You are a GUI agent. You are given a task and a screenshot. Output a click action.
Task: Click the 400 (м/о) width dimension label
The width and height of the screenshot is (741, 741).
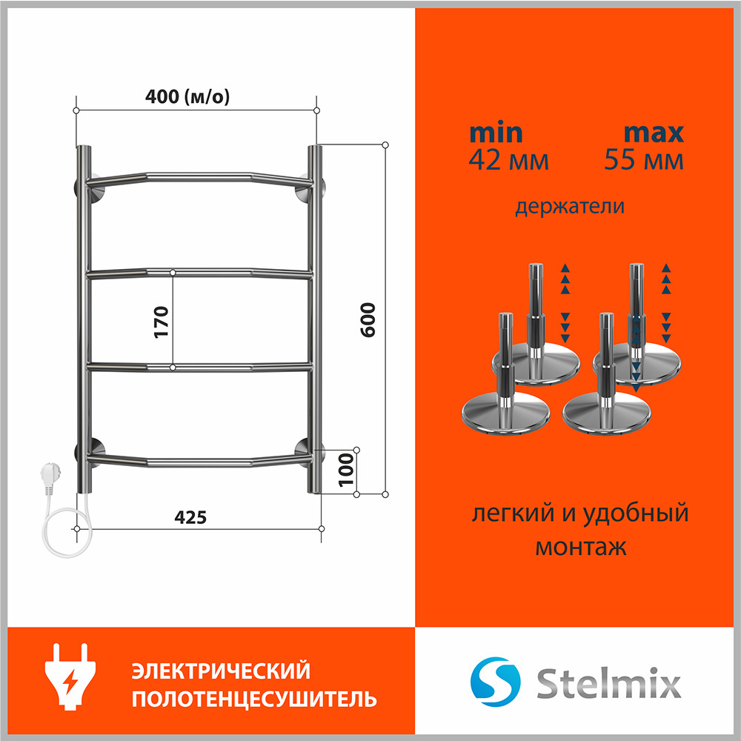187,96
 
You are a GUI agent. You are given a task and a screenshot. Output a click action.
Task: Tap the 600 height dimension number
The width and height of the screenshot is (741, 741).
368,320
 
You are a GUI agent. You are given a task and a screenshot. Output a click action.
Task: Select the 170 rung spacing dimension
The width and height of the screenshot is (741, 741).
161,322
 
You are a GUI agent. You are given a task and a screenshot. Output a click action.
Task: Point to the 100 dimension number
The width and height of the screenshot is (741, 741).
346,470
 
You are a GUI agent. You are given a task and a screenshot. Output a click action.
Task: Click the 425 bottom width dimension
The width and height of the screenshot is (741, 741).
190,517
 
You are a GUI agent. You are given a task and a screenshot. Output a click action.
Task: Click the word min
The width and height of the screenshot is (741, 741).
496,133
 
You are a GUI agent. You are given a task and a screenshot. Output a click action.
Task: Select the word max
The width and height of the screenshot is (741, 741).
654,133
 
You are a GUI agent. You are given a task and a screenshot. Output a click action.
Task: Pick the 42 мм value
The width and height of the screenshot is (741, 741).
508,160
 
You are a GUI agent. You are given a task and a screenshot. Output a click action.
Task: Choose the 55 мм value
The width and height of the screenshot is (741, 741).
644,160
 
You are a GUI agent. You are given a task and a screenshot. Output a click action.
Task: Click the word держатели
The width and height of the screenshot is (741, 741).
569,207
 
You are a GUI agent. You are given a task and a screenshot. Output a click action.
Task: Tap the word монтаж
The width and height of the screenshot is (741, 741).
581,548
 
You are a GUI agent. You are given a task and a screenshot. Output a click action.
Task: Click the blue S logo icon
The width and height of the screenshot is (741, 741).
495,682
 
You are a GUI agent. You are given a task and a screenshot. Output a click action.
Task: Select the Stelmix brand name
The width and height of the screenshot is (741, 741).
608,682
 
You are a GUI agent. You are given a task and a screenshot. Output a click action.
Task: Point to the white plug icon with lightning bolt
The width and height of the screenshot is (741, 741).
70,677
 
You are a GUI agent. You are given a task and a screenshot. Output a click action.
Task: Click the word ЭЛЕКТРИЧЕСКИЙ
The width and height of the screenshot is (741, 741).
221,671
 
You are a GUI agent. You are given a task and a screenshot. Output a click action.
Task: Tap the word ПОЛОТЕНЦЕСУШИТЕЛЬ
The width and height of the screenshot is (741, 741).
254,699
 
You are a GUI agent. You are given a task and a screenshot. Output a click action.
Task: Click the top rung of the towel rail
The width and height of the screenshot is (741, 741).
199,178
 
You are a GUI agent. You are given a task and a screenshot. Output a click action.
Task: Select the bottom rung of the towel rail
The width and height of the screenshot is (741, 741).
199,461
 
